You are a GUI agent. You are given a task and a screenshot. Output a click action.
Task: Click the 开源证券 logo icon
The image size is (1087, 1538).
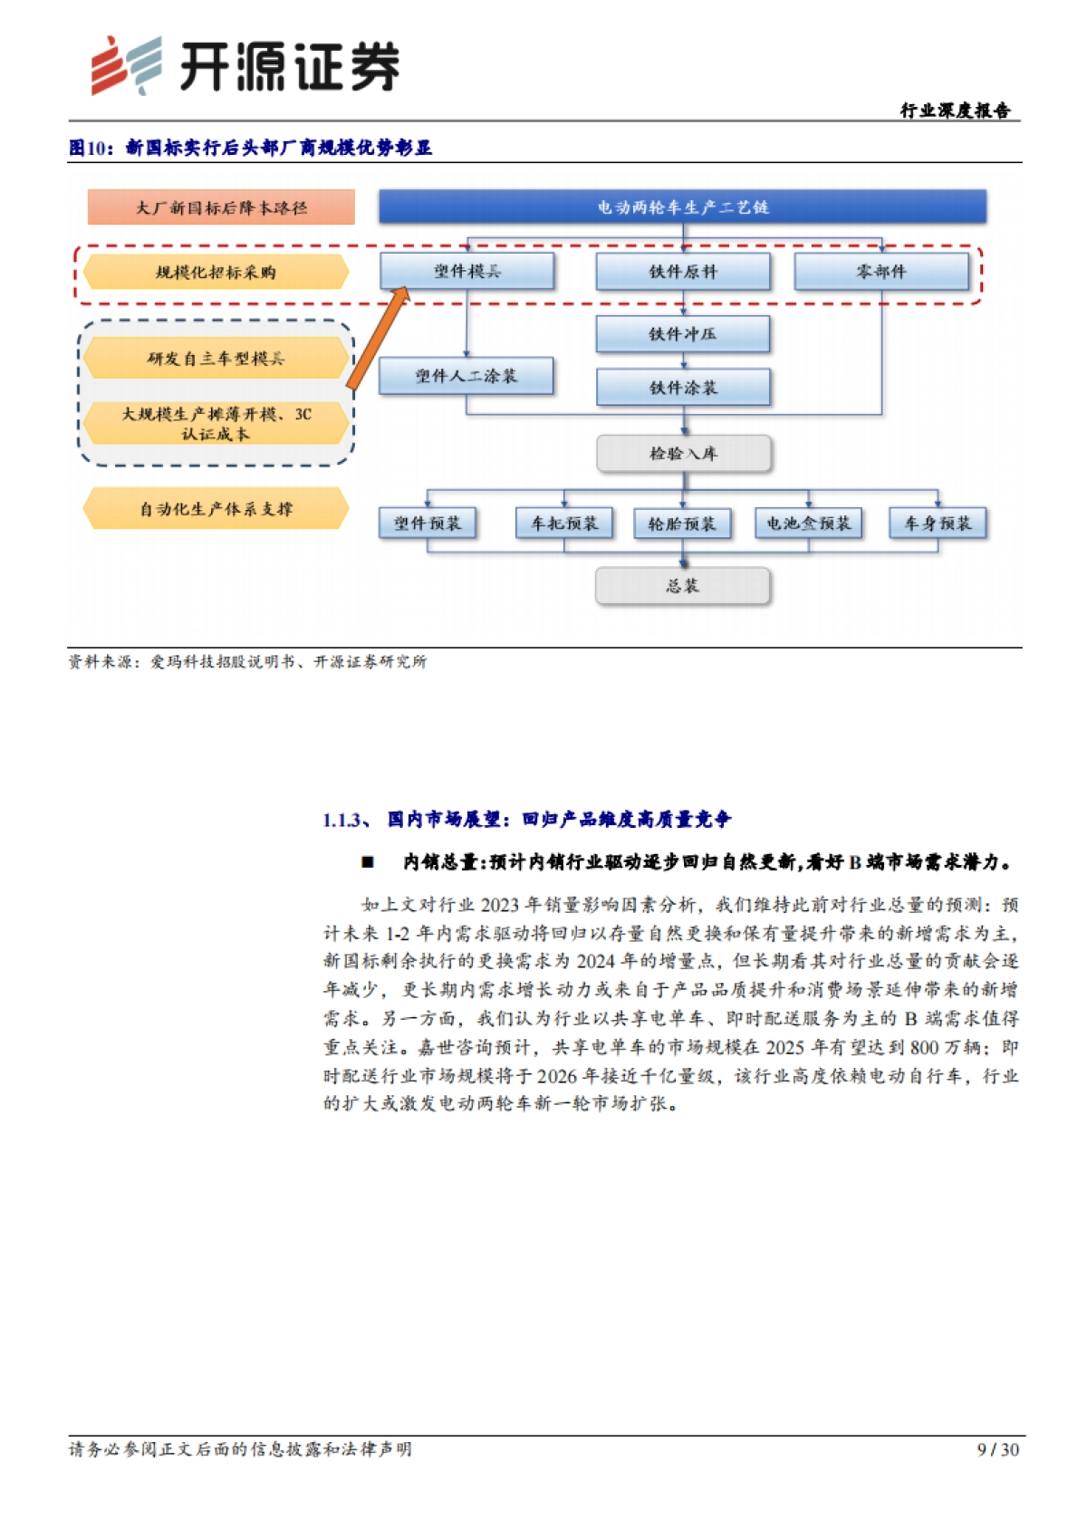pos(126,65)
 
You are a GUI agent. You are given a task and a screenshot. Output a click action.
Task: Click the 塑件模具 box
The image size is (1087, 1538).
pos(467,272)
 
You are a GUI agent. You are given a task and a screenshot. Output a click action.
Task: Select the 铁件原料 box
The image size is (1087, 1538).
pos(683,272)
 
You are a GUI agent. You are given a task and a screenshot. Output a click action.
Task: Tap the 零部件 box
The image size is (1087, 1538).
pos(881,272)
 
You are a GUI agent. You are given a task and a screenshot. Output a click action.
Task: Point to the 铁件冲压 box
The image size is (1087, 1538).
pos(683,334)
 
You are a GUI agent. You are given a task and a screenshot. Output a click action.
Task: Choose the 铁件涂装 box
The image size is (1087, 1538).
pos(683,388)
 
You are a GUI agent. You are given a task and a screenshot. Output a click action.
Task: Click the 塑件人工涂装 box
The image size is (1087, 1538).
pos(467,376)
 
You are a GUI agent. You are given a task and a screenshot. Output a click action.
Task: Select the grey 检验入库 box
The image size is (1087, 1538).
pos(683,454)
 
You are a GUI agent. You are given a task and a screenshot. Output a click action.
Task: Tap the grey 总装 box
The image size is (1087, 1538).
pos(683,586)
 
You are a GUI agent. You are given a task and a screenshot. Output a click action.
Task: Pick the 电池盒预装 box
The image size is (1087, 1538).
pos(808,524)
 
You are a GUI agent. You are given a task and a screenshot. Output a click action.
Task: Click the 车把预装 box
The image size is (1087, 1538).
pos(564,524)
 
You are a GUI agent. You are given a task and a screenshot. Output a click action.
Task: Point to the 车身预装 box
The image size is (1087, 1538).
pos(938,524)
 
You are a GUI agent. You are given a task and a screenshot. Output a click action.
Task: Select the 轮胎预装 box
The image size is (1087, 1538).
pos(682,524)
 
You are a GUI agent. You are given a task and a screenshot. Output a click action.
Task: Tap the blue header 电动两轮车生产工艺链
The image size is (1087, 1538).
pos(682,207)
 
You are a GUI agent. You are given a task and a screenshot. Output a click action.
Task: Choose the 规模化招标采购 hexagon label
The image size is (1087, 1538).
pos(216,273)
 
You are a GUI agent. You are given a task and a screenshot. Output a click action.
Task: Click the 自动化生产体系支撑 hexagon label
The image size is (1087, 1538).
pos(216,509)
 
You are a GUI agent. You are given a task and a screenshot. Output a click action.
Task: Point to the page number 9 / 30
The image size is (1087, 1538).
pos(997,1449)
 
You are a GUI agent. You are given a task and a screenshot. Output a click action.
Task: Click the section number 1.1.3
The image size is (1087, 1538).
pos(345,821)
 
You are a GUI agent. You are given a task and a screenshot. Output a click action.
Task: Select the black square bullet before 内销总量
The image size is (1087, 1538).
pos(368,862)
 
